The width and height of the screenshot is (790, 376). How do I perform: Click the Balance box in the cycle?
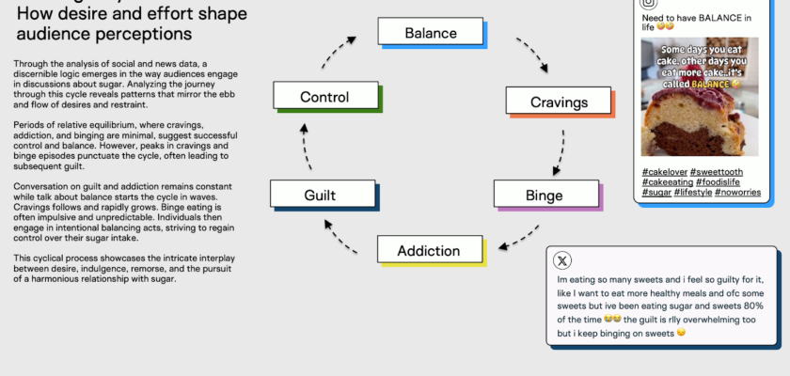(x=431, y=33)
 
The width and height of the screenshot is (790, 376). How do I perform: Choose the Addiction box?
(x=430, y=250)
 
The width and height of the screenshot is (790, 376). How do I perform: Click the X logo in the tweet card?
(x=562, y=260)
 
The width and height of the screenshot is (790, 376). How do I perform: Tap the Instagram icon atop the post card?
(x=649, y=4)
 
